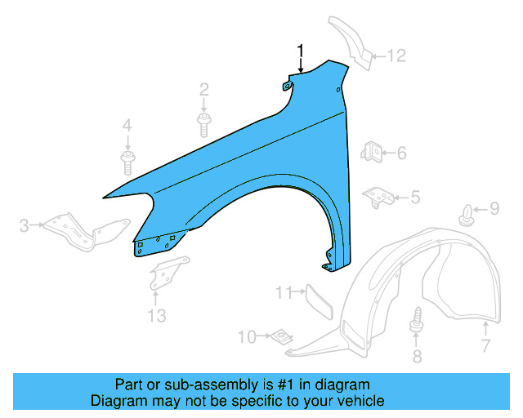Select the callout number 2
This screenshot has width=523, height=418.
(x=204, y=89)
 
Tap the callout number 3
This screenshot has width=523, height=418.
(x=25, y=225)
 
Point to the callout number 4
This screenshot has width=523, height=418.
(x=127, y=125)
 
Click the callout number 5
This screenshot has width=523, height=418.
(x=415, y=197)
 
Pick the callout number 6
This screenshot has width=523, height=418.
(x=401, y=153)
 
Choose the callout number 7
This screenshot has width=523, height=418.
(x=485, y=345)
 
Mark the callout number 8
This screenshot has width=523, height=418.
(x=417, y=355)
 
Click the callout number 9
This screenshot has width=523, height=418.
(x=494, y=210)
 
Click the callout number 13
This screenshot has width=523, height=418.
(x=156, y=314)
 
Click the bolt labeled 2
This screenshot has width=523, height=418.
(x=204, y=123)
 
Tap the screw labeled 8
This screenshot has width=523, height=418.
(x=417, y=319)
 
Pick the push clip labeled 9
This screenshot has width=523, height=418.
(x=467, y=215)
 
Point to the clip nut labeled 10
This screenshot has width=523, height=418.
(x=283, y=336)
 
